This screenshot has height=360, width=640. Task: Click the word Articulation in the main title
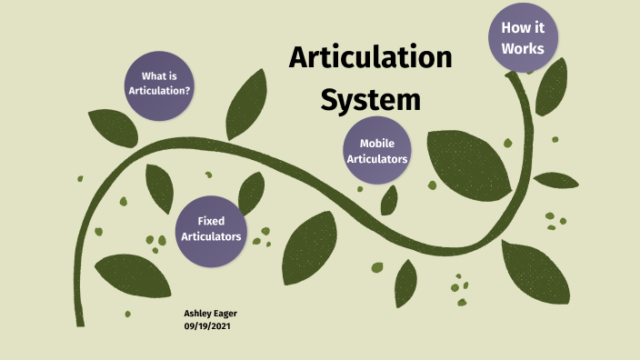tap(370, 58)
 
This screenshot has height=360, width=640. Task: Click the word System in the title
tap(370, 98)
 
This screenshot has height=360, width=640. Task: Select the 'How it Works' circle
tap(523, 37)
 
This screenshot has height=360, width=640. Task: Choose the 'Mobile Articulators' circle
tap(376, 151)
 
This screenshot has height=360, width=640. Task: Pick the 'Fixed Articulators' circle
tap(211, 228)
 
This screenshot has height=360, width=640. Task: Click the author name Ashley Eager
tap(210, 313)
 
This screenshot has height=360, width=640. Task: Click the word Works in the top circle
tap(523, 47)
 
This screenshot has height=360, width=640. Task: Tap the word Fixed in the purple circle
tap(211, 221)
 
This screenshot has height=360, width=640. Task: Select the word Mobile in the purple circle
tap(376, 144)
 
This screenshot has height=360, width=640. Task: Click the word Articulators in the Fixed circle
tap(211, 236)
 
